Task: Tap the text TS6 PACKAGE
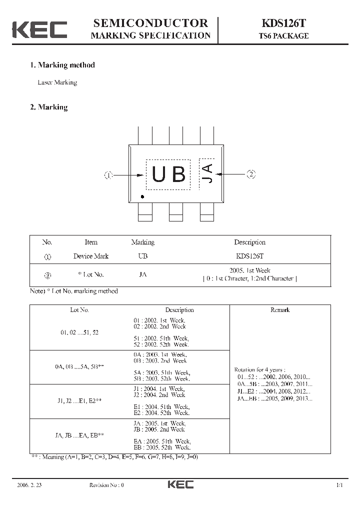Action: pyautogui.click(x=283, y=36)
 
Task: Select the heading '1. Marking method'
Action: pyautogui.click(x=62, y=65)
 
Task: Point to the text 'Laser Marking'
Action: pyautogui.click(x=57, y=82)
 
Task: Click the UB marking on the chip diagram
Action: pyautogui.click(x=168, y=174)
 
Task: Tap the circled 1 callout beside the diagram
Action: pyautogui.click(x=109, y=175)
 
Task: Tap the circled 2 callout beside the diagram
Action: pyautogui.click(x=251, y=174)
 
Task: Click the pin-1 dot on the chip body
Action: pyautogui.click(x=142, y=197)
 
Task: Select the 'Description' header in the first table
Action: pyautogui.click(x=249, y=242)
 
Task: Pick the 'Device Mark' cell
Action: pyautogui.click(x=91, y=256)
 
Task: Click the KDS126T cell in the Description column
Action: pyautogui.click(x=249, y=256)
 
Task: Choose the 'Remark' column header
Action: pyautogui.click(x=280, y=310)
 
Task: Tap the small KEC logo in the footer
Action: pyautogui.click(x=180, y=484)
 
